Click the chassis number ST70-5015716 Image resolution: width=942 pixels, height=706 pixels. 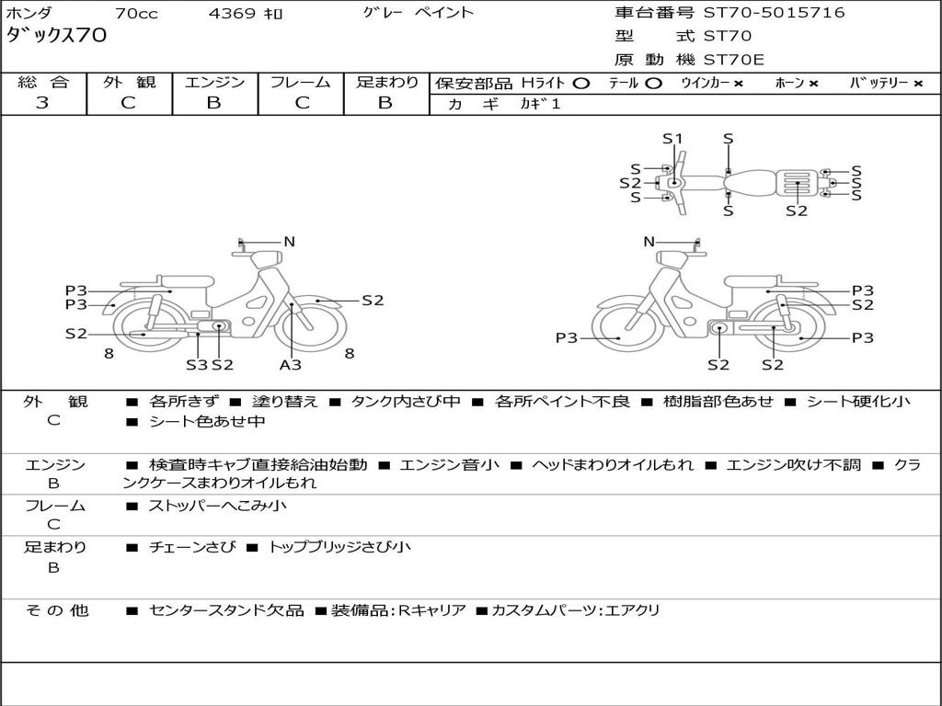point(774,13)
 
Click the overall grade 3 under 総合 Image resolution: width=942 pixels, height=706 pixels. point(42,103)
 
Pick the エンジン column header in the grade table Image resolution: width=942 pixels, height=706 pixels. point(214,82)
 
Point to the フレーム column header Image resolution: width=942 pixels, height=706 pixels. point(300,82)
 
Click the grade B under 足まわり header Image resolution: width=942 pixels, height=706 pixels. point(385,103)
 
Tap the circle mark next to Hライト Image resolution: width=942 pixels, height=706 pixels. point(580,83)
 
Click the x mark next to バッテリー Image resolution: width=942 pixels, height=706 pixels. point(917,83)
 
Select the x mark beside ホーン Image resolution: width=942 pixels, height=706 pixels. point(813,83)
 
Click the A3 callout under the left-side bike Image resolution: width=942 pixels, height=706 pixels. point(291,364)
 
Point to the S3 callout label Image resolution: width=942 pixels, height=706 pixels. point(197,364)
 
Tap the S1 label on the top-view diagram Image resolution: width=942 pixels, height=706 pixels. point(673,139)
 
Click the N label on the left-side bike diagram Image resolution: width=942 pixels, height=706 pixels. point(289,242)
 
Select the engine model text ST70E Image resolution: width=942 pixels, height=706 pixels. point(734,60)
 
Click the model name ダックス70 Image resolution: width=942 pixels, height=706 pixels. point(56,36)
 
